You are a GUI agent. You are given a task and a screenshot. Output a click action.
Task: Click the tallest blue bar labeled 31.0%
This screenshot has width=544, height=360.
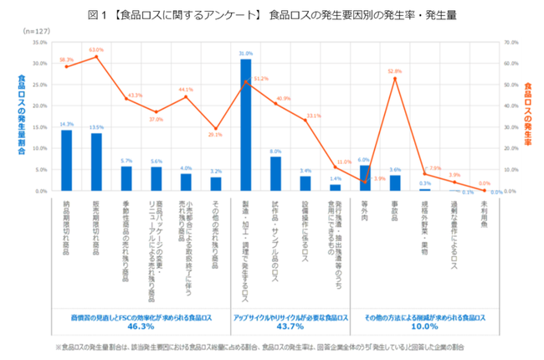pos(246,126)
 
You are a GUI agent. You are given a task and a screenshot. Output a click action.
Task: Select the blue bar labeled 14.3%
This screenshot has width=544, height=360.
pos(67,161)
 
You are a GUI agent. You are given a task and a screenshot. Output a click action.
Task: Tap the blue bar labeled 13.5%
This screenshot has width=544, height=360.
pos(96,162)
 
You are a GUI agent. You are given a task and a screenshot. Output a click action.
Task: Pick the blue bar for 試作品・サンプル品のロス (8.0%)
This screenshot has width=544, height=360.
pos(275,174)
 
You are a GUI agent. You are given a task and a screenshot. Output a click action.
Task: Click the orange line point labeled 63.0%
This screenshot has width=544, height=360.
pos(96,56)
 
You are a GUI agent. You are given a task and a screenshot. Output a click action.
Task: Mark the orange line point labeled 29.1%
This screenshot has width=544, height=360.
pos(216,128)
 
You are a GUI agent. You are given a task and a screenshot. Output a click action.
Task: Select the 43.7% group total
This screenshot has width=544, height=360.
pos(290,327)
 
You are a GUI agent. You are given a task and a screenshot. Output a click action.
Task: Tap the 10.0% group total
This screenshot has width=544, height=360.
pos(426,327)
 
